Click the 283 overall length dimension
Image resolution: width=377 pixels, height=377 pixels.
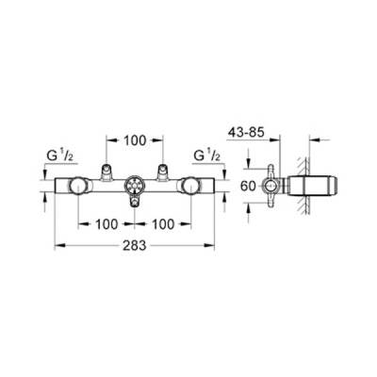(135, 245)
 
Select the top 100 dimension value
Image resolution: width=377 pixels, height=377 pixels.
(135, 140)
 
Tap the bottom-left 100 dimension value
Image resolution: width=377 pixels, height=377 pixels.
(107, 224)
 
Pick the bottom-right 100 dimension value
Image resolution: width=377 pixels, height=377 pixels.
(162, 224)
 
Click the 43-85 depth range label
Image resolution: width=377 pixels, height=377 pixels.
(246, 133)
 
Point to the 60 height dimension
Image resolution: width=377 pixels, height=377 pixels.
(248, 187)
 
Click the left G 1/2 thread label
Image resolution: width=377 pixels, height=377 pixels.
(59, 156)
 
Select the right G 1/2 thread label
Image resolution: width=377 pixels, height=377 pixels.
(207, 156)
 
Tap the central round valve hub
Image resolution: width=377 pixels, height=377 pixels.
(135, 186)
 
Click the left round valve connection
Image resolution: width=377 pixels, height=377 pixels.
(78, 186)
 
